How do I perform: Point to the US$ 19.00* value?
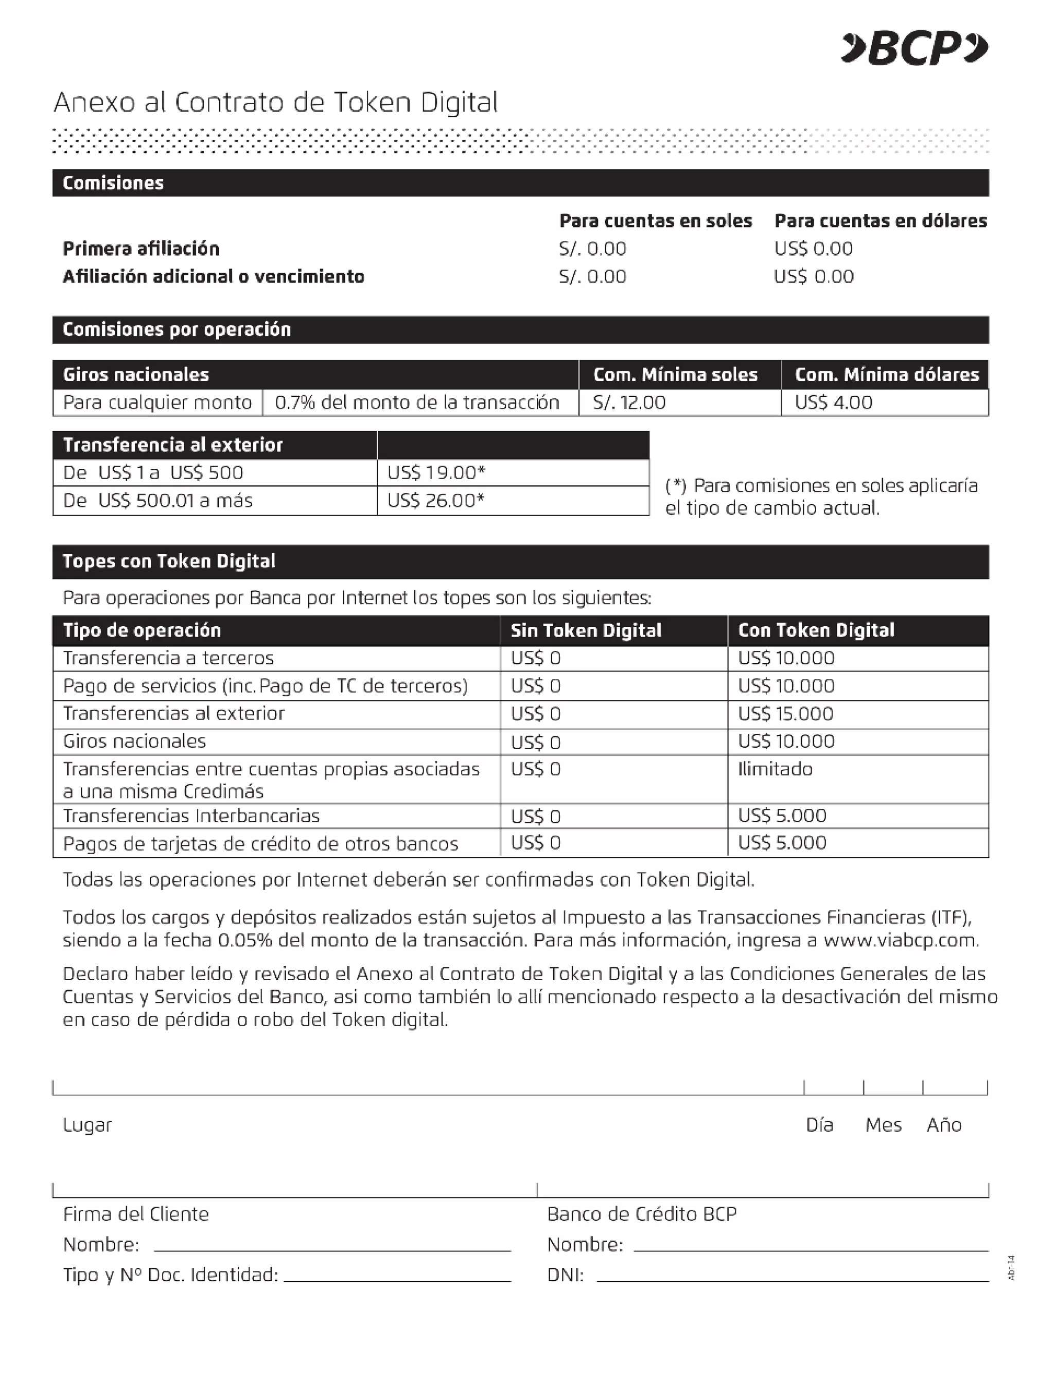(x=436, y=472)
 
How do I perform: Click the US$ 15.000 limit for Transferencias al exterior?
(x=785, y=714)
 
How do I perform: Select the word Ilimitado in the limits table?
(x=775, y=769)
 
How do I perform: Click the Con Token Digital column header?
(x=816, y=630)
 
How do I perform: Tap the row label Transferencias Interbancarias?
(x=191, y=816)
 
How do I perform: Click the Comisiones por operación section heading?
(x=177, y=330)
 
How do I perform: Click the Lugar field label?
(x=87, y=1125)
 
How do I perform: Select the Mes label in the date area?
(x=883, y=1125)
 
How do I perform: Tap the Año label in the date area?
(x=943, y=1125)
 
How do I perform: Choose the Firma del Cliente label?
(x=135, y=1214)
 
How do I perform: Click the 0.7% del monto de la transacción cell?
(x=416, y=402)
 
